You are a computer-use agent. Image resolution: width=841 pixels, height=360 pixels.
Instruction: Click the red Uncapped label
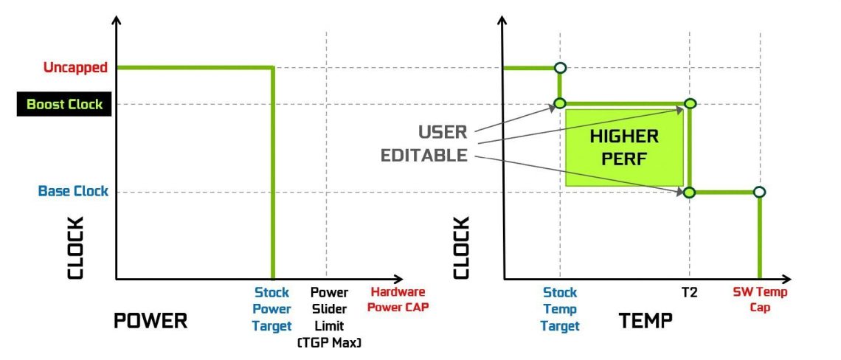pyautogui.click(x=75, y=68)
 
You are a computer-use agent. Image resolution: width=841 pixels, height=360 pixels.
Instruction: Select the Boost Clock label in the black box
pyautogui.click(x=64, y=105)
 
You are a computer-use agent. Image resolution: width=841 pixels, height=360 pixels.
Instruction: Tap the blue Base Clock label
pyautogui.click(x=73, y=192)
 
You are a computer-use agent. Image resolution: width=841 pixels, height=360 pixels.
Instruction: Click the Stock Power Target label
pyautogui.click(x=273, y=308)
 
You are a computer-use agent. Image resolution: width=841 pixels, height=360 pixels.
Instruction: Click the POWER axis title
pyautogui.click(x=150, y=321)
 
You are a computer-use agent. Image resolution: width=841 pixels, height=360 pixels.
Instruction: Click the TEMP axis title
pyautogui.click(x=646, y=321)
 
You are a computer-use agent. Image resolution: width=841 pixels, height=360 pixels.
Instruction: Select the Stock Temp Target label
pyautogui.click(x=560, y=309)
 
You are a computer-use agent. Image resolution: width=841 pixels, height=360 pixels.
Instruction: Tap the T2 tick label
pyautogui.click(x=690, y=292)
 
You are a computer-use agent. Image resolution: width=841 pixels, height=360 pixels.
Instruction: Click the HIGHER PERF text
pyautogui.click(x=624, y=148)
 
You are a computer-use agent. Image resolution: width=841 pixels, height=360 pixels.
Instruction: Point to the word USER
pyautogui.click(x=443, y=132)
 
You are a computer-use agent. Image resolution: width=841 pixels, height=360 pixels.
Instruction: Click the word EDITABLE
pyautogui.click(x=424, y=156)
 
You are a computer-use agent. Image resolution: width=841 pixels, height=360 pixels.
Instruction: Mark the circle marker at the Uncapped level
pyautogui.click(x=560, y=68)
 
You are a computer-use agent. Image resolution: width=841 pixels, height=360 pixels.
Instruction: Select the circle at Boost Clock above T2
pyautogui.click(x=690, y=104)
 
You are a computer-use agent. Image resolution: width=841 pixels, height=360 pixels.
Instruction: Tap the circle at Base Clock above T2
pyautogui.click(x=690, y=193)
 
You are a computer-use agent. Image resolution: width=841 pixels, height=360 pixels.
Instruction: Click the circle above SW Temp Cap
pyautogui.click(x=759, y=193)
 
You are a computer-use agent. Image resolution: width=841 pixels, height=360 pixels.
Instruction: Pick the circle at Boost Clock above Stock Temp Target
pyautogui.click(x=560, y=104)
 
